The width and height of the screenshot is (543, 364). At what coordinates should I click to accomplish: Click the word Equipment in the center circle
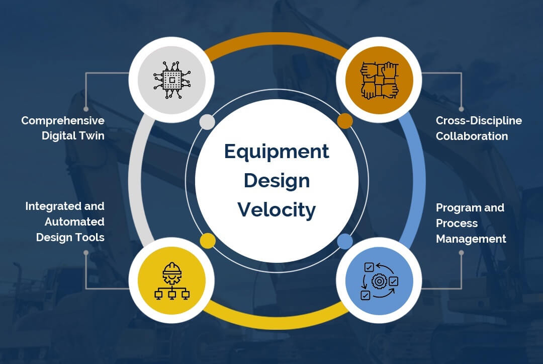(x=277, y=152)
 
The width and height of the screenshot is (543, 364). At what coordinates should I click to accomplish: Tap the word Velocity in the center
(x=277, y=210)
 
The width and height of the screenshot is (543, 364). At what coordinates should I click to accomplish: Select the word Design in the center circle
(x=277, y=181)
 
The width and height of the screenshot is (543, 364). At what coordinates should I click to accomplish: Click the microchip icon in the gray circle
(x=172, y=80)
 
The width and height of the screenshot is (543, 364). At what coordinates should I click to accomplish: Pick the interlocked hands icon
(x=379, y=80)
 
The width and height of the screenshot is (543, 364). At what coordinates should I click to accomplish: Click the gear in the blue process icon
(x=379, y=281)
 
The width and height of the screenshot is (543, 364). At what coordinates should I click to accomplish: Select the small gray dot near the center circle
(x=207, y=122)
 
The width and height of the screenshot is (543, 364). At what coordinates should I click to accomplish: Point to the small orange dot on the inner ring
(x=345, y=121)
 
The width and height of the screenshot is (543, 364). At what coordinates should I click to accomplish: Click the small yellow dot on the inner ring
(x=208, y=241)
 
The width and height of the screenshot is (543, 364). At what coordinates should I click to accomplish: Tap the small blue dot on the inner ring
(x=345, y=241)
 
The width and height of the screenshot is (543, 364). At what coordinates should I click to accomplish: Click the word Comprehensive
(x=63, y=121)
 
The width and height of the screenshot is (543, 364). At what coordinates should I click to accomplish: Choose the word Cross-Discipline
(x=479, y=121)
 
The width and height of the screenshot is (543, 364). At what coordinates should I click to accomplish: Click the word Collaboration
(x=472, y=136)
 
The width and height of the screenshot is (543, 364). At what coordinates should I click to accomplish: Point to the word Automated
(x=74, y=222)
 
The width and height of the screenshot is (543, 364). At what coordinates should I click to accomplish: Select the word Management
(x=471, y=239)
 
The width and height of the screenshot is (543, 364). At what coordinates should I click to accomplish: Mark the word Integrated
(x=53, y=206)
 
